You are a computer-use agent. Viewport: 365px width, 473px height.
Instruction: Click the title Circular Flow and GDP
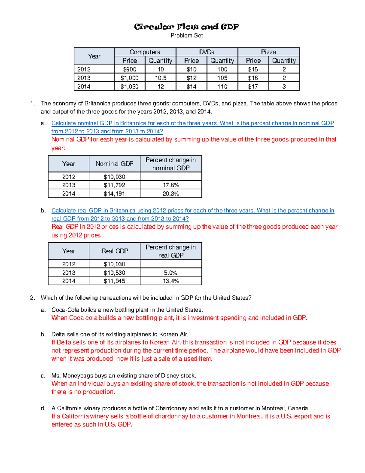point(186,27)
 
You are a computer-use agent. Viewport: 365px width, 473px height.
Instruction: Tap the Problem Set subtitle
point(186,36)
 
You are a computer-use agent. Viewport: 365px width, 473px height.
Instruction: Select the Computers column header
point(145,52)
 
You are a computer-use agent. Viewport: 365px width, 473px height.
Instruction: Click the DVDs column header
point(207,52)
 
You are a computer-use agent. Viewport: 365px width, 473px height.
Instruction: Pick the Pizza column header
point(268,52)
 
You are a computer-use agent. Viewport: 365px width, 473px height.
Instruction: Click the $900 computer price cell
point(130,69)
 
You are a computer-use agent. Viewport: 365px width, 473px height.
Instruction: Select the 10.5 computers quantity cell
point(161,78)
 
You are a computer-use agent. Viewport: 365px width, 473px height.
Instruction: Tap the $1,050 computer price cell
point(130,86)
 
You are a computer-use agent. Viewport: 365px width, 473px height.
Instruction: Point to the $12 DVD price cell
point(191,78)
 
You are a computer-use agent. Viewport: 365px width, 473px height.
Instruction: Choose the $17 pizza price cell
point(253,86)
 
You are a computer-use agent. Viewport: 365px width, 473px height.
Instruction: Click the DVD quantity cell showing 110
point(222,86)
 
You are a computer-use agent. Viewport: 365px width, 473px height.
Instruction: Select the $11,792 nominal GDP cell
point(114,185)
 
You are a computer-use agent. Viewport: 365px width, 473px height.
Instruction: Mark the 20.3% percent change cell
point(171,194)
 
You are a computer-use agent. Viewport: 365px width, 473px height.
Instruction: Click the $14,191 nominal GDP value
point(114,194)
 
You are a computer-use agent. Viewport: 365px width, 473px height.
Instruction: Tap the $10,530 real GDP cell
point(114,273)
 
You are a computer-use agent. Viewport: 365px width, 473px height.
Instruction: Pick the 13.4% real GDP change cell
point(171,281)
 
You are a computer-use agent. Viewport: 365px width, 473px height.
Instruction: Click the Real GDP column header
point(114,251)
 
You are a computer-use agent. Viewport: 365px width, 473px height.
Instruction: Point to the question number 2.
point(33,298)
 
